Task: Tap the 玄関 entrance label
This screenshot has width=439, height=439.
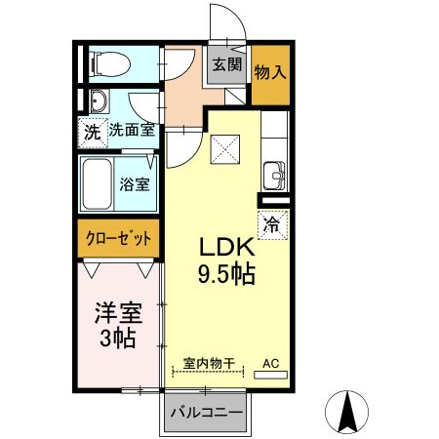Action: [226, 64]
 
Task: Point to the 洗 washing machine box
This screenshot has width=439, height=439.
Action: [91, 131]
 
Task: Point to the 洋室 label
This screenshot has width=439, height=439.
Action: [118, 313]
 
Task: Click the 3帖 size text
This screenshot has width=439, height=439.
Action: [118, 339]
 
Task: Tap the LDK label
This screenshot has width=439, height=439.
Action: [227, 248]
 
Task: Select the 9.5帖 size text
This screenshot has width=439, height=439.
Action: [227, 275]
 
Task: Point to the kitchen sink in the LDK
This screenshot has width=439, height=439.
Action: [272, 177]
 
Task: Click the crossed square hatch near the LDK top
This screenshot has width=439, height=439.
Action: [227, 149]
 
